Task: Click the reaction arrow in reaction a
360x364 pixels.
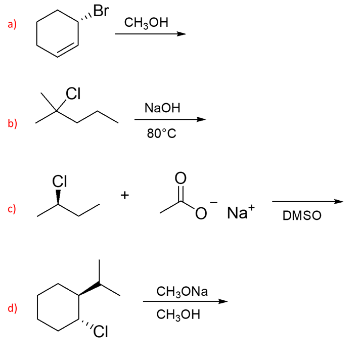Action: (x=151, y=34)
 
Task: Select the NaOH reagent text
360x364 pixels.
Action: (x=162, y=108)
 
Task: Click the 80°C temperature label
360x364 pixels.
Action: (x=161, y=134)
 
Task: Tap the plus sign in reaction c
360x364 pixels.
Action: (x=125, y=194)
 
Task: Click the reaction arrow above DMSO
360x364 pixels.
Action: (x=307, y=202)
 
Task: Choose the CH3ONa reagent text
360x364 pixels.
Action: (x=182, y=291)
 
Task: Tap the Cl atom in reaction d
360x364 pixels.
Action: (x=100, y=332)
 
